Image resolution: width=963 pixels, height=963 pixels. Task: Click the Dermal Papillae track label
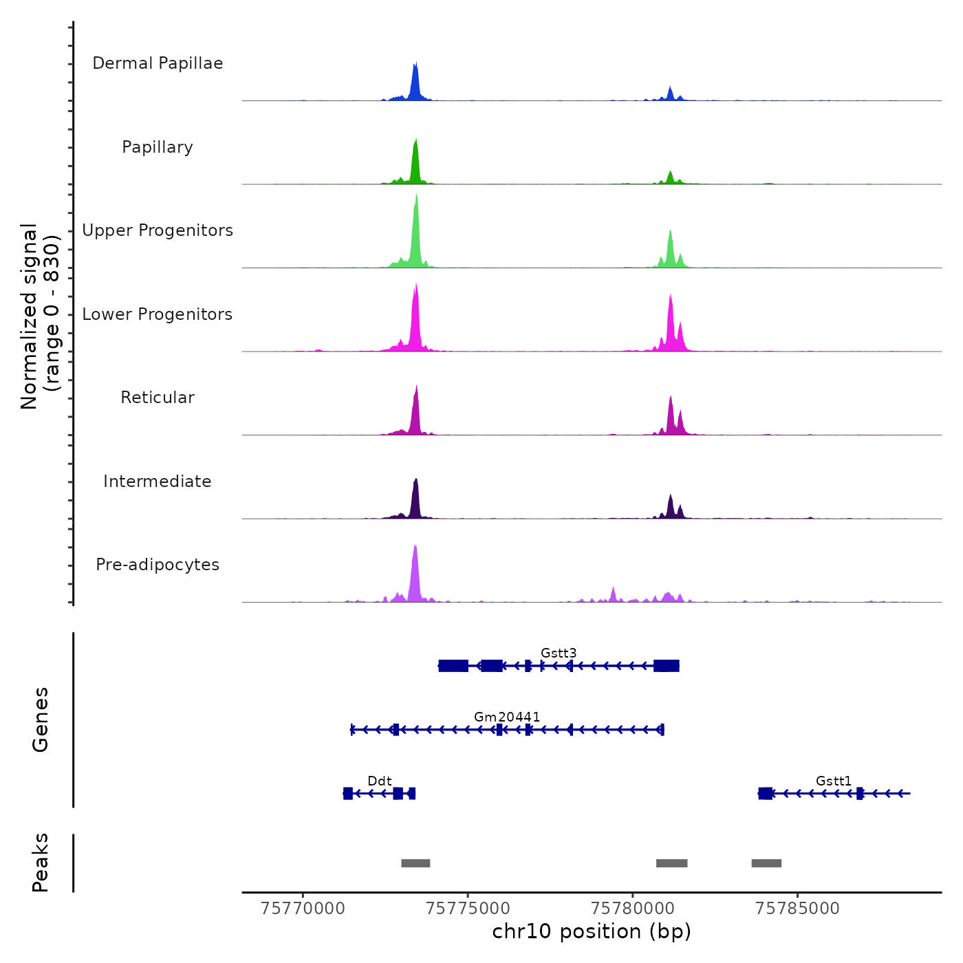pos(158,63)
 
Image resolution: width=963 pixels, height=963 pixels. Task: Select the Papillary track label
pos(158,147)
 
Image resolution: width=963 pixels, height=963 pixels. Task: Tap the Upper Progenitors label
pos(158,230)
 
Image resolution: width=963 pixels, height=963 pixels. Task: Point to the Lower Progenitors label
pos(158,314)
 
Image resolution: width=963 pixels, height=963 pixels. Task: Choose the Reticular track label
pos(158,398)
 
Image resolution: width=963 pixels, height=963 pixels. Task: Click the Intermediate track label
pos(158,481)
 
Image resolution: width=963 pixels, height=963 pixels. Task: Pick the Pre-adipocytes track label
pos(158,565)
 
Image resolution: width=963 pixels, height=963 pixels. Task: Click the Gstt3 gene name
pos(559,653)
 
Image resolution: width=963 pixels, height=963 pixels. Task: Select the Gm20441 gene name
pos(507,717)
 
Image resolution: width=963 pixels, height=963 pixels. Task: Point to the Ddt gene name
pos(380,781)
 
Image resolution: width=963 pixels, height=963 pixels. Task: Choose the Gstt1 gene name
pos(834,781)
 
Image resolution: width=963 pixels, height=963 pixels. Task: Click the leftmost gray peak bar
pos(415,863)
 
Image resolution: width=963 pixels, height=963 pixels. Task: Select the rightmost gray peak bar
pos(766,863)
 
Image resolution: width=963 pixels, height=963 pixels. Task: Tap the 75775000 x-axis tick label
pos(468,909)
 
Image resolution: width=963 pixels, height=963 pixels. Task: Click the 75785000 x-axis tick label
pos(798,909)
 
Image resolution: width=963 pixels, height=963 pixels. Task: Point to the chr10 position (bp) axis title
pos(592,931)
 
